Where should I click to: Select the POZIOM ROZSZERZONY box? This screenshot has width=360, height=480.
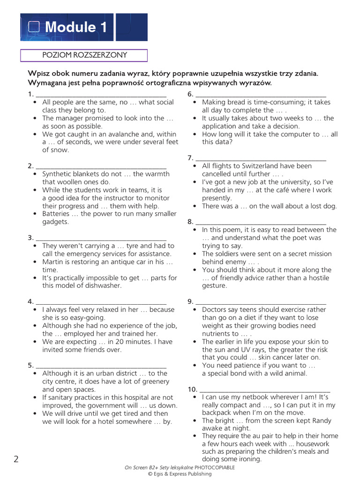point(84,55)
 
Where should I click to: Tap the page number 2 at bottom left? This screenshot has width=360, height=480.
point(16,459)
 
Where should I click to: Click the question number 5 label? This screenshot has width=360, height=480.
point(30,365)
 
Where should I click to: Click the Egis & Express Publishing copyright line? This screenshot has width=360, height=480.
point(180,474)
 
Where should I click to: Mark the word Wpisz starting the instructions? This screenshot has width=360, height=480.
point(38,74)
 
